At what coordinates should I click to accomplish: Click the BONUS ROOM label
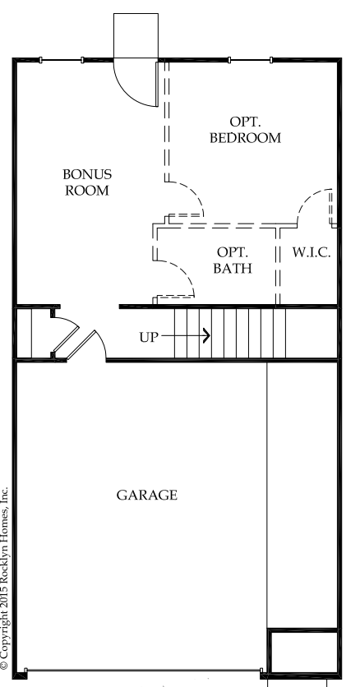point(87,182)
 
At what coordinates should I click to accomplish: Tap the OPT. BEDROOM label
point(245,130)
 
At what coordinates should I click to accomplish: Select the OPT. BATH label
point(233,260)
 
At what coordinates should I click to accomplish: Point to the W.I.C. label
point(312,253)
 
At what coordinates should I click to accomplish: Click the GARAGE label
point(147,495)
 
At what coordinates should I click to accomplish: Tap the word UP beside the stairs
point(148,338)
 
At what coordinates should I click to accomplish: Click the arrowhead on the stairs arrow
point(206,336)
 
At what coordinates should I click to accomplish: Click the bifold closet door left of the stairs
point(66,335)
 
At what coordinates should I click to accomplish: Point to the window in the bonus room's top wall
point(62,60)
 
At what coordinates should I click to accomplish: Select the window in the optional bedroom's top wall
point(251,60)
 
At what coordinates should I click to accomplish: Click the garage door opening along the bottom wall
point(143,671)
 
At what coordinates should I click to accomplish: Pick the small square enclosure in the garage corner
point(303,651)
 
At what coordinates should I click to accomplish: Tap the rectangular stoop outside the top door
point(136,36)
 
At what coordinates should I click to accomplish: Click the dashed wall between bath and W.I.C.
point(278,266)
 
